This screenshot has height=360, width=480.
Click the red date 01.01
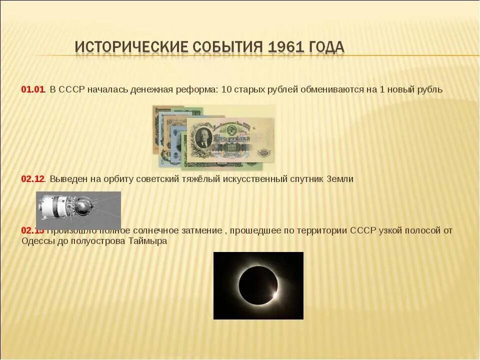pyautogui.click(x=33, y=89)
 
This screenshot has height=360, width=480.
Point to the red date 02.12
pyautogui.click(x=33, y=179)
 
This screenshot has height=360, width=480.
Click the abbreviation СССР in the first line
pyautogui.click(x=72, y=89)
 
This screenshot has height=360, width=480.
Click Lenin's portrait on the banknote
pyautogui.click(x=203, y=137)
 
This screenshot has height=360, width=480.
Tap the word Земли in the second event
pyautogui.click(x=339, y=179)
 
